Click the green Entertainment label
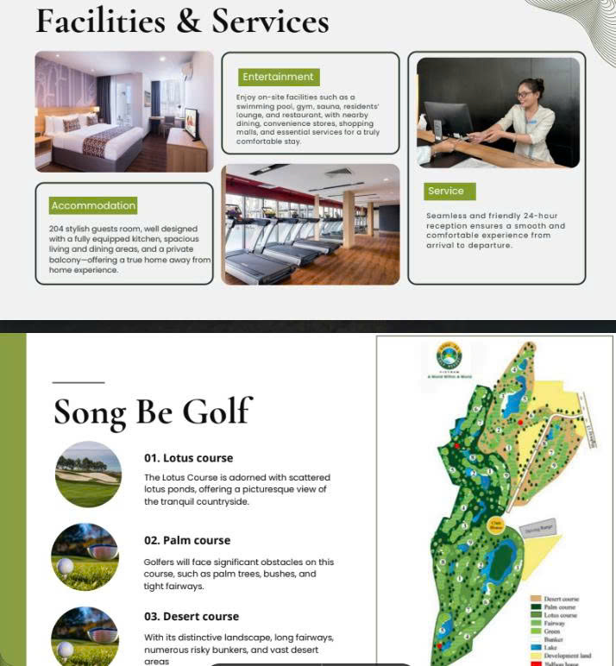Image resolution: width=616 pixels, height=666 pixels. pos(279,77)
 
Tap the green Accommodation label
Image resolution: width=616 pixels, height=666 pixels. pos(93,205)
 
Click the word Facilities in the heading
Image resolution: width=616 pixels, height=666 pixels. pos(100,21)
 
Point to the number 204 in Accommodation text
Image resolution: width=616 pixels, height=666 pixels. pos(57,229)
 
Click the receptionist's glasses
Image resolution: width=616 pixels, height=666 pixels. pos(525,93)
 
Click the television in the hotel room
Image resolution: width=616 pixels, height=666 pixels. pos(192,123)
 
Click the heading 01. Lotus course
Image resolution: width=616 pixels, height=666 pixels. pos(188,458)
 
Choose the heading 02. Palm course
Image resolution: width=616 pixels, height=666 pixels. pos(187,540)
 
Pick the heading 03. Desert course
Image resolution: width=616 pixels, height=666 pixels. pos(191,617)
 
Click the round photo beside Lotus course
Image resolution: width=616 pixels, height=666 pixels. pos(87,474)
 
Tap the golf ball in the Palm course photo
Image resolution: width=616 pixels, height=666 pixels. pos(65,567)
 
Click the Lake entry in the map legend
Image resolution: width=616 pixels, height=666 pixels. pos(551,647)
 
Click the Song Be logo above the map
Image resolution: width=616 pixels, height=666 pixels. pos(449,356)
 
